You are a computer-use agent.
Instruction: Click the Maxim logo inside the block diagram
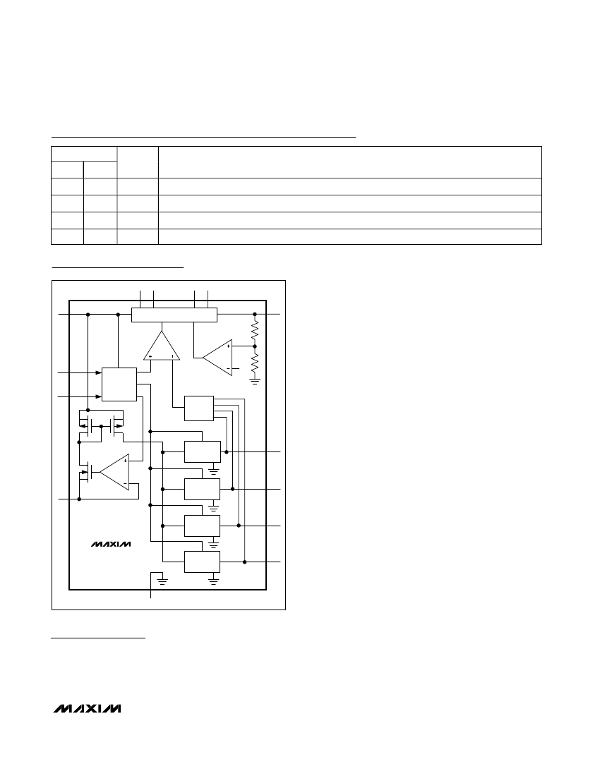(x=111, y=544)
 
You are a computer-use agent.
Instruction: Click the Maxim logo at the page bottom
(x=87, y=708)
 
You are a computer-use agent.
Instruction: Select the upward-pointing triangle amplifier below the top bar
(x=162, y=346)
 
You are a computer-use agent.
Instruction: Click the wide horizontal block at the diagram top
(x=174, y=315)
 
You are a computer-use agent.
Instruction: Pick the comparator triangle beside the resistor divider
(x=218, y=358)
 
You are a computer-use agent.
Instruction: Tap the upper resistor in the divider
(x=255, y=330)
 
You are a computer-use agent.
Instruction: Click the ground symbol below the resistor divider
(x=255, y=381)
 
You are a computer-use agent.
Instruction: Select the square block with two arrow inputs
(x=119, y=384)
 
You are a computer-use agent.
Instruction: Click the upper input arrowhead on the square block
(x=99, y=372)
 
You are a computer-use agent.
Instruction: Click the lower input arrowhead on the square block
(x=99, y=397)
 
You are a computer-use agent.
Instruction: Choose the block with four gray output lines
(x=199, y=408)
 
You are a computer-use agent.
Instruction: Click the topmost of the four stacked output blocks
(x=203, y=451)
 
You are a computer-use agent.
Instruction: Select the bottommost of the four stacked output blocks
(x=202, y=562)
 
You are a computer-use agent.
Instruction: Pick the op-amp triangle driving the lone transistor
(x=115, y=472)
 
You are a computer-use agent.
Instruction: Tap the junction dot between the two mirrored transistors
(x=101, y=426)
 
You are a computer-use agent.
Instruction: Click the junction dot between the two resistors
(x=255, y=346)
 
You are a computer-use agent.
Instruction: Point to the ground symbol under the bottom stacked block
(x=213, y=581)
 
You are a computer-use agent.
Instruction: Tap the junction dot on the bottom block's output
(x=244, y=562)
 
